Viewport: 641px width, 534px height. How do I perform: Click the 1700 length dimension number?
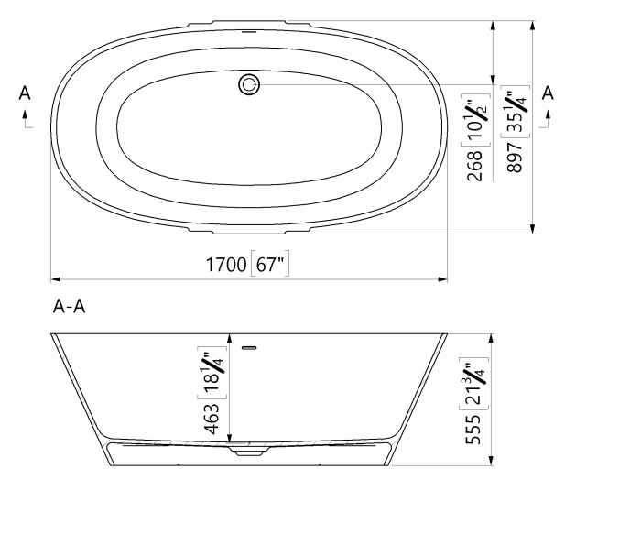[225, 265]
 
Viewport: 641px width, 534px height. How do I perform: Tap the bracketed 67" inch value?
[270, 264]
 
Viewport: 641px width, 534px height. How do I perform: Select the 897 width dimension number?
[515, 158]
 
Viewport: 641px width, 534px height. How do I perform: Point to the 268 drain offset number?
[474, 166]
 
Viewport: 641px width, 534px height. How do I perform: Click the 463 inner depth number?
[212, 420]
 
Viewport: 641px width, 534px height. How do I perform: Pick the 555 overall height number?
[473, 429]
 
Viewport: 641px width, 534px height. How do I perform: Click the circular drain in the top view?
[249, 84]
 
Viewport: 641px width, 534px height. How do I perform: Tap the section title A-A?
[69, 306]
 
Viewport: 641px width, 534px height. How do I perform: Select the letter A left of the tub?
[25, 93]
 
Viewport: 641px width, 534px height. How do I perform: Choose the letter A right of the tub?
[548, 93]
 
